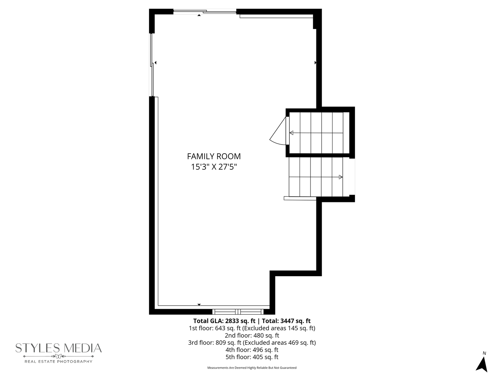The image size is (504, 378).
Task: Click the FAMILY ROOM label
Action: [214, 156]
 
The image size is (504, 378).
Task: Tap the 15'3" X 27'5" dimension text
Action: [214, 167]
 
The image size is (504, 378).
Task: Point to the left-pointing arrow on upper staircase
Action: [291, 133]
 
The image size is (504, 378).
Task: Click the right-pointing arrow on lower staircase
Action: [341, 177]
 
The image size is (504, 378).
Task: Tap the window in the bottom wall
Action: [238, 311]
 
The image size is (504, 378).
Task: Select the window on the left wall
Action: [152, 65]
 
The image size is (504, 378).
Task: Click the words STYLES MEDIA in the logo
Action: [58, 348]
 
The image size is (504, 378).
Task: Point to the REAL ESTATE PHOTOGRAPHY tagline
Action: [58, 361]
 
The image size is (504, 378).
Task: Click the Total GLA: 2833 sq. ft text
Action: [224, 321]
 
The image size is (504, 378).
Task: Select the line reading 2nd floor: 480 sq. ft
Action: [252, 335]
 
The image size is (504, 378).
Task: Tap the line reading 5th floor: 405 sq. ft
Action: [252, 357]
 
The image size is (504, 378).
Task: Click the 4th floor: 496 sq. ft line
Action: [252, 350]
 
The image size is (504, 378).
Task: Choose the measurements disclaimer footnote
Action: [252, 368]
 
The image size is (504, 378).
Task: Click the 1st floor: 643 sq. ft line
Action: [252, 328]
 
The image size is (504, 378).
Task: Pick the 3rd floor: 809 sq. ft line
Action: [252, 343]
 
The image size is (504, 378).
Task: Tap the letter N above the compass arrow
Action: [484, 353]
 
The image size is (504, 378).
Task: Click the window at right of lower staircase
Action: [352, 176]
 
